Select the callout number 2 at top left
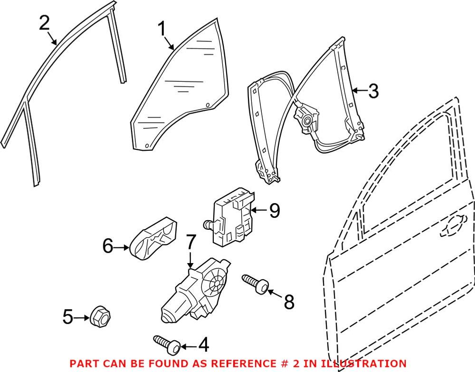pyautogui.click(x=44, y=23)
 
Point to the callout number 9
pyautogui.click(x=274, y=210)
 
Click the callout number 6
pyautogui.click(x=109, y=246)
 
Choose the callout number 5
pyautogui.click(x=68, y=316)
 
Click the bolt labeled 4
pyautogui.click(x=166, y=344)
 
